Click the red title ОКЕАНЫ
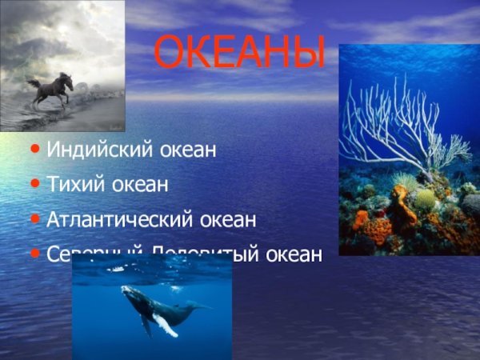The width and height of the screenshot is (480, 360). point(239,53)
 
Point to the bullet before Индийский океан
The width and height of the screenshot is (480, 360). point(35,149)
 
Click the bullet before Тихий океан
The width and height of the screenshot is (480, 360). point(35,184)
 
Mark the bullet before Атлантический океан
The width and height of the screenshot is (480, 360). point(35,218)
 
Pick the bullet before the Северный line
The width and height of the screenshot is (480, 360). point(35,254)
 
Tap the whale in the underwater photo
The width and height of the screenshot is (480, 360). point(160,309)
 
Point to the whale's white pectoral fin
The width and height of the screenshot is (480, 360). point(166,324)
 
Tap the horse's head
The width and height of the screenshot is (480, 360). point(67,81)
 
